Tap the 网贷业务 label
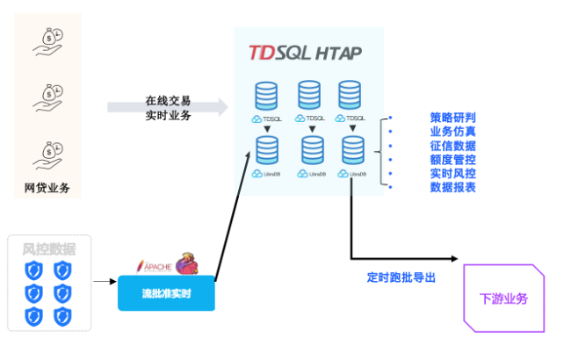click(x=47, y=187)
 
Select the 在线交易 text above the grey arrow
click(x=168, y=101)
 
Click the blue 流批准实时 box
click(x=166, y=292)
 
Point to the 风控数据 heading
click(x=49, y=249)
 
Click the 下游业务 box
click(x=503, y=299)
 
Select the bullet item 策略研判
click(x=452, y=117)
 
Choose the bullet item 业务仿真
click(x=452, y=131)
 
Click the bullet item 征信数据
click(x=452, y=145)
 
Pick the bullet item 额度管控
click(x=452, y=159)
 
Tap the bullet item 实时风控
click(x=452, y=173)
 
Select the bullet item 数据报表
click(x=452, y=187)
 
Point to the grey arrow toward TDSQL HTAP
click(x=167, y=108)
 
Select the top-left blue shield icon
click(x=33, y=270)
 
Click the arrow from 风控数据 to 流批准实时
click(x=105, y=282)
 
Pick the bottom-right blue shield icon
click(x=62, y=315)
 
